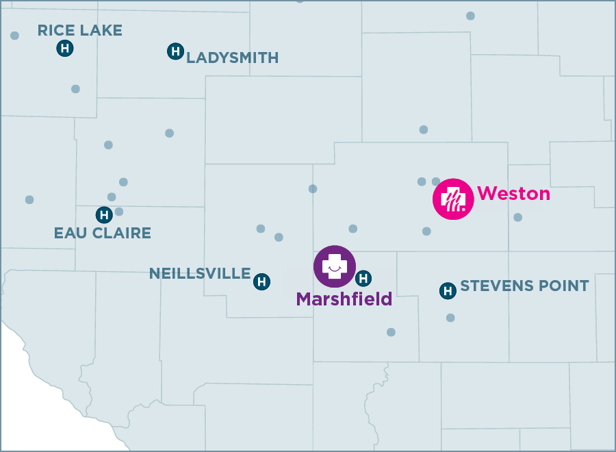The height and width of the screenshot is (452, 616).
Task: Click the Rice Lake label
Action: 79,30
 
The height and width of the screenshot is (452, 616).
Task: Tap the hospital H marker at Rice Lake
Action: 64,48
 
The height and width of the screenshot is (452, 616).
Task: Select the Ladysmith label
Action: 233,58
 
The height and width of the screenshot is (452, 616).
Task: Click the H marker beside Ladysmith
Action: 175,51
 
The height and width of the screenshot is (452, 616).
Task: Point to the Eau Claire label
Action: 102,233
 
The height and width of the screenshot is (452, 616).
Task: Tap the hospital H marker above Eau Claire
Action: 104,215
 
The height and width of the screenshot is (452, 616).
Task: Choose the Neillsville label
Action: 200,274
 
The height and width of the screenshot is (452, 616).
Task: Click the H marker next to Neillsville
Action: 261,281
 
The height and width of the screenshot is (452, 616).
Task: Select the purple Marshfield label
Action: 344,299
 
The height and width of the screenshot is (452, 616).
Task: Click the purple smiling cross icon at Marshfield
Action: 335,266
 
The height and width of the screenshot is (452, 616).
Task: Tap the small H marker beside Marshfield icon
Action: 364,278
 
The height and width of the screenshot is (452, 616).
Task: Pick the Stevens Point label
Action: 524,286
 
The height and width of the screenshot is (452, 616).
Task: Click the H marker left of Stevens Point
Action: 448,291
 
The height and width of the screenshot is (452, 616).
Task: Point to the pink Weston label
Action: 513,194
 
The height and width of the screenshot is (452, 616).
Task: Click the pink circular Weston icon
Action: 453,199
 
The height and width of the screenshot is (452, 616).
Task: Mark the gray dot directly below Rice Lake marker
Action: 75,89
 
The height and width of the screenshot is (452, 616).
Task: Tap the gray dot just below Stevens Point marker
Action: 450,318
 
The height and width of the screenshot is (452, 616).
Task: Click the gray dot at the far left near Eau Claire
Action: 29,200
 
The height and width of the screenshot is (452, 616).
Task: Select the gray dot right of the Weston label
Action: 517,217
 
